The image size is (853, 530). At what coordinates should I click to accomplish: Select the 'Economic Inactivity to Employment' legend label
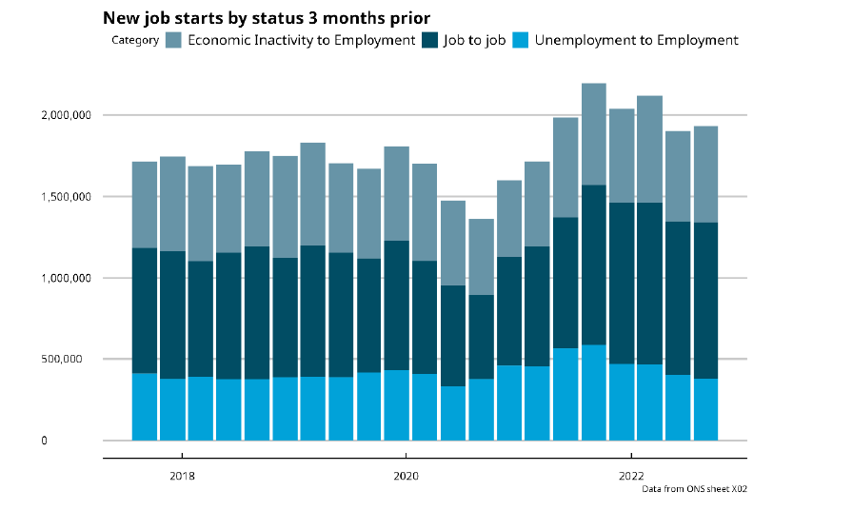pos(301,40)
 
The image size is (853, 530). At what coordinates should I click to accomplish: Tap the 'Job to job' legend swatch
pos(433,40)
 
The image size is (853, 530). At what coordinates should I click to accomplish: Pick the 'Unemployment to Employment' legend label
pos(636,40)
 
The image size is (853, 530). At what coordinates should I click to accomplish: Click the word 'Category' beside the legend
pos(135,40)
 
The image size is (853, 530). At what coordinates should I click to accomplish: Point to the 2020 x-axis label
pos(406,475)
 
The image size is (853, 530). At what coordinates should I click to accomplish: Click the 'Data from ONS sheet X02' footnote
pos(701,489)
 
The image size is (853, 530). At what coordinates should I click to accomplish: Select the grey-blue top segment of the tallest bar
pos(594,134)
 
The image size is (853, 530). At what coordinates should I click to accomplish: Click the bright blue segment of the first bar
pos(145,406)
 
